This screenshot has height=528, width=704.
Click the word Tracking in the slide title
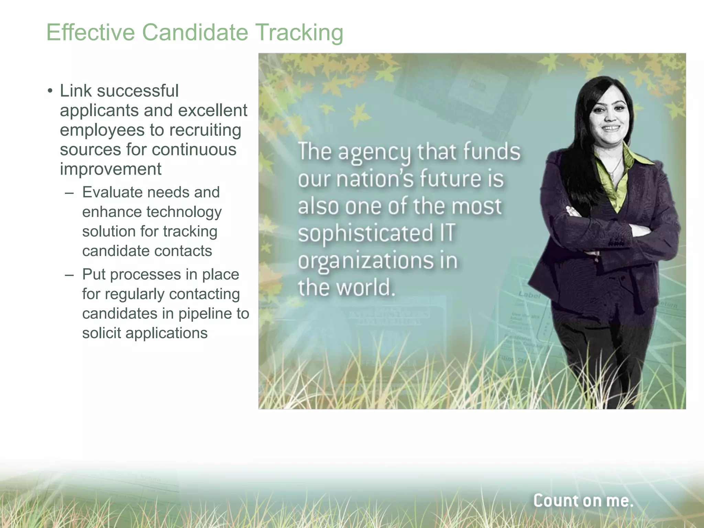pyautogui.click(x=299, y=33)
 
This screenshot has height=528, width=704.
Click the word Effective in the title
pyautogui.click(x=90, y=32)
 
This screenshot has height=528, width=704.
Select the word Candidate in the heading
pyautogui.click(x=195, y=32)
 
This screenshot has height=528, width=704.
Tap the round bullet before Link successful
pyautogui.click(x=50, y=91)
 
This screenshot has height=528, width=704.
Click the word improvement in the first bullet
pyautogui.click(x=110, y=169)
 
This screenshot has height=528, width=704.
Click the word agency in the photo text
pyautogui.click(x=374, y=152)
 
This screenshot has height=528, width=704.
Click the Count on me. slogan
pyautogui.click(x=583, y=500)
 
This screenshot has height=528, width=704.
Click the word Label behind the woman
pyautogui.click(x=529, y=295)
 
